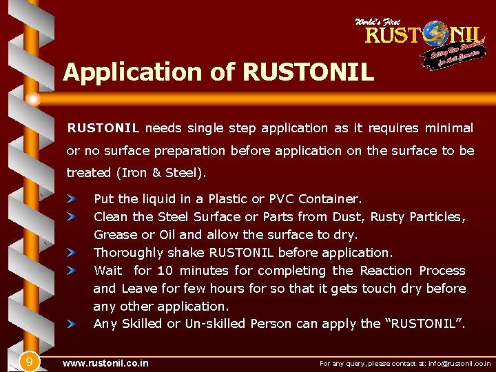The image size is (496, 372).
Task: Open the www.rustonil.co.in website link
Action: tap(105, 362)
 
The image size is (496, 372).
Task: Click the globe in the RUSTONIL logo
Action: tap(435, 34)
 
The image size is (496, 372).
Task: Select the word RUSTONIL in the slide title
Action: tap(309, 72)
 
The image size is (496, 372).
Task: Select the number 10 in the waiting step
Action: tap(165, 271)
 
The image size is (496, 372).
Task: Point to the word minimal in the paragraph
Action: tap(448, 128)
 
